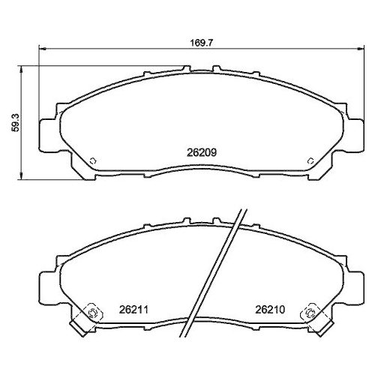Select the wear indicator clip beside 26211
[91, 314]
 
